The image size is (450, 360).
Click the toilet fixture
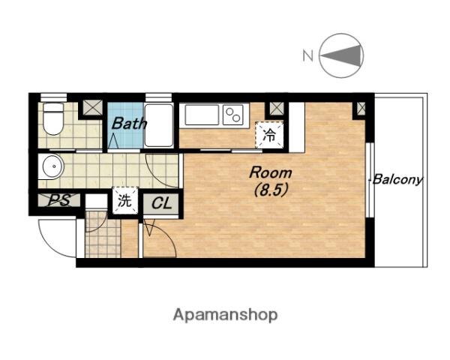pos(53,118)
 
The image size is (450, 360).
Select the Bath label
pos(129,124)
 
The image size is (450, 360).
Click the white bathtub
pos(159,125)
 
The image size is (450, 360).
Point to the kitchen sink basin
pos(202,115)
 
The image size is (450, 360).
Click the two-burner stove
pos(233,115)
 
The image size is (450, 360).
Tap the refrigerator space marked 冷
pos(269,135)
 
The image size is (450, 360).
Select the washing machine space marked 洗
pos(125,200)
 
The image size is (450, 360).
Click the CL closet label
pos(161,203)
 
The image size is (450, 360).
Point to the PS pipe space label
pos(59,200)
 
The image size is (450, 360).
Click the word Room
pos(271,172)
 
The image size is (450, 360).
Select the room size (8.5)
pos(271,190)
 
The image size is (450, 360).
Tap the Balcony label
pos(397,180)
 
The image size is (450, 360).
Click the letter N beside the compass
pos(308,55)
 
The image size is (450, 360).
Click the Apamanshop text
pos(225,315)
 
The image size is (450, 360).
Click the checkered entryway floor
pos(103,234)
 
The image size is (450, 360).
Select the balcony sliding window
pos(371,180)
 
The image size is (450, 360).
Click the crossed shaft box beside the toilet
pos(92,108)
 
